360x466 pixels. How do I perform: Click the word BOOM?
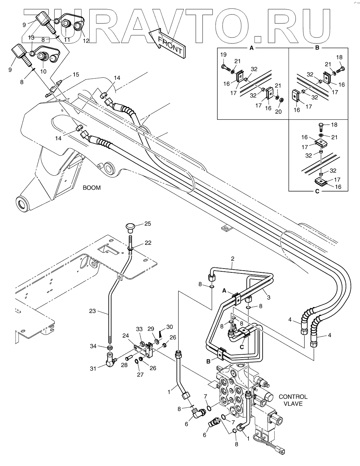pos(91,188)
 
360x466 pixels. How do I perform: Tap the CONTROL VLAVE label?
pos(293,400)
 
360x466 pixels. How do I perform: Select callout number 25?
pos(148,224)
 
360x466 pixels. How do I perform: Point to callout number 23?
pos(92,312)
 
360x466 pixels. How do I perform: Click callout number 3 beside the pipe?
pos(269,297)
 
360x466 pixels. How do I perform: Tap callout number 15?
pos(76,75)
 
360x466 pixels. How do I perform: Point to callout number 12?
pos(86,41)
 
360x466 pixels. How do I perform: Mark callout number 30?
pos(169,326)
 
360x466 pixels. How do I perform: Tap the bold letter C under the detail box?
pos(317,191)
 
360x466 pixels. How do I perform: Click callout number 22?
pos(148,243)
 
